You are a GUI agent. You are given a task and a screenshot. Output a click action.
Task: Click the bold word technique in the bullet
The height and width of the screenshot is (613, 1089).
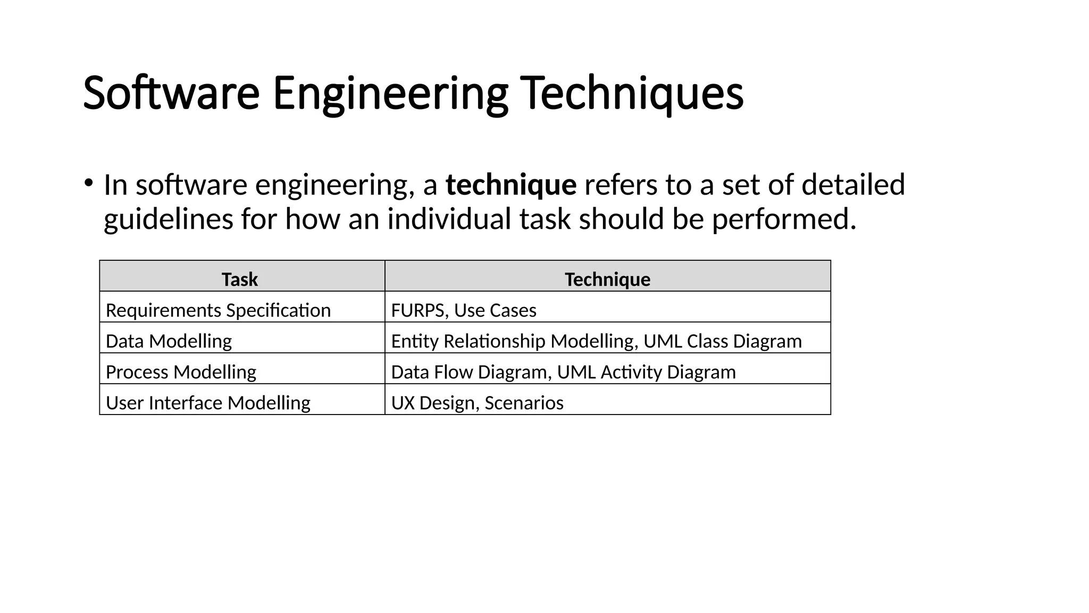point(510,185)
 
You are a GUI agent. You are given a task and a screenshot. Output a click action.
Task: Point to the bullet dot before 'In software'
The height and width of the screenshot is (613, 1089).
point(88,183)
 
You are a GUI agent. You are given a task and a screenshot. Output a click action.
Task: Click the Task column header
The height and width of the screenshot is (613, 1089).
point(240,279)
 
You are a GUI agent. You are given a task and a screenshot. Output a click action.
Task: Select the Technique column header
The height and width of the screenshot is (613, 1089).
point(607,279)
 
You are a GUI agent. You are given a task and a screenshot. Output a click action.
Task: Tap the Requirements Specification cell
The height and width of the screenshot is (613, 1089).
point(218,310)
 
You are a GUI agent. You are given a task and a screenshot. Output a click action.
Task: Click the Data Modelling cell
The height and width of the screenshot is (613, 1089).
point(169,341)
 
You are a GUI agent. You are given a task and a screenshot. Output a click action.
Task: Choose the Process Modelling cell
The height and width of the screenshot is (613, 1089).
point(181,372)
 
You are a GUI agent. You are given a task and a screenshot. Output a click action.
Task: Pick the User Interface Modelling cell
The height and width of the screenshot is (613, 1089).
point(208,403)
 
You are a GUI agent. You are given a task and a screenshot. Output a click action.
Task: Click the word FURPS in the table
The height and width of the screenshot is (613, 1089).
point(417,310)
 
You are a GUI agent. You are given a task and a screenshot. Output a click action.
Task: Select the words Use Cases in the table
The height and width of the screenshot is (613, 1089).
point(495,310)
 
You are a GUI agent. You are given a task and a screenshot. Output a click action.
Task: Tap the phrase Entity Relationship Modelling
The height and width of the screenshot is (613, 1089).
point(513,341)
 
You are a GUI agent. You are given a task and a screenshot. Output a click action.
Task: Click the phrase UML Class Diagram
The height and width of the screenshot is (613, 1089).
point(723,341)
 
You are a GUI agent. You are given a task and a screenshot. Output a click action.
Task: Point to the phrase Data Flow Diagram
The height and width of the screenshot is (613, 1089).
point(469,372)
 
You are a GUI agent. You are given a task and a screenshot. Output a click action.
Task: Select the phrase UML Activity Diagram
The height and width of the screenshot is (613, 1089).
point(646,372)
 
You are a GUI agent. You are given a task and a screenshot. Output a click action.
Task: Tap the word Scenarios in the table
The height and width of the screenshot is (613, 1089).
point(524,403)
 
